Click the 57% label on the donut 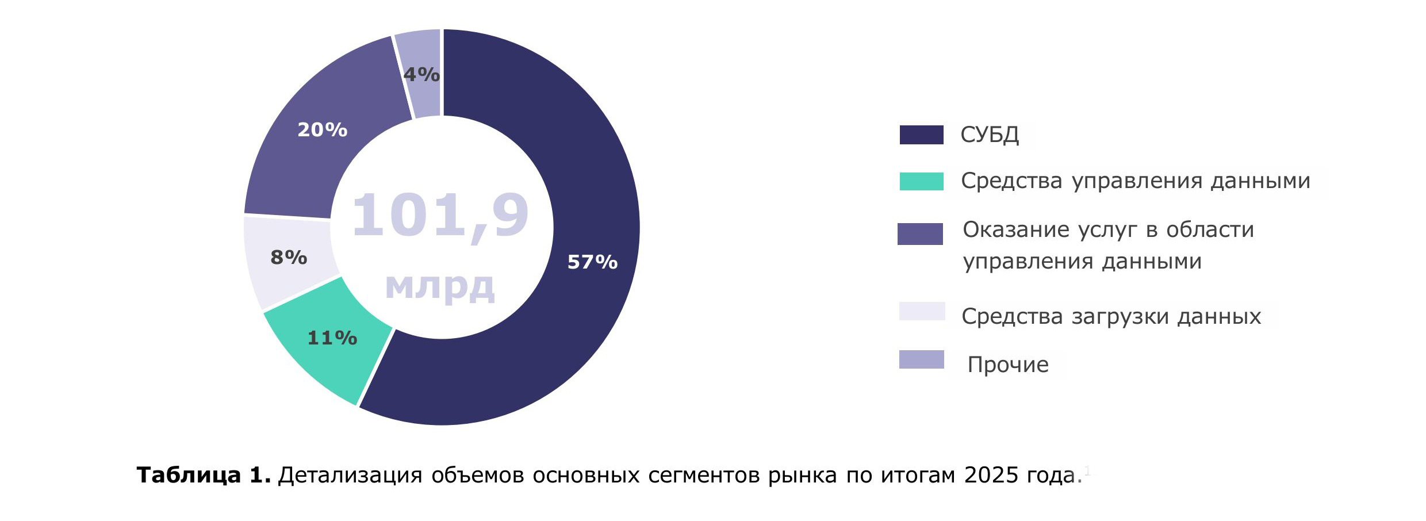point(592,262)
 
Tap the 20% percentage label point(322,130)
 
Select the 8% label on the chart point(289,258)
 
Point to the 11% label point(332,338)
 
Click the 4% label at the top point(421,75)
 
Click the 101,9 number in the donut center point(440,216)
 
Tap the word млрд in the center point(440,285)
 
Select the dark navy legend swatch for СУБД point(921,135)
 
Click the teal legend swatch point(921,181)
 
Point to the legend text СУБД point(990,135)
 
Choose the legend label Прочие point(1008,365)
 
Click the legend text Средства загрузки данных point(1111,316)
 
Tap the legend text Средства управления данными point(1135,181)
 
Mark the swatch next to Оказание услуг point(920,234)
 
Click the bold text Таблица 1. point(204,476)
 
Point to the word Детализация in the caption point(350,476)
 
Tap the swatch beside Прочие point(921,359)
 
